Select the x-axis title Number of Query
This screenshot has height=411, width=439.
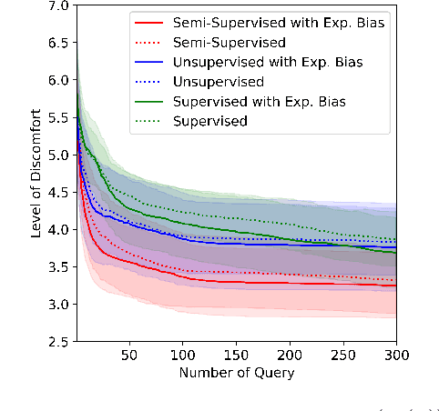237,373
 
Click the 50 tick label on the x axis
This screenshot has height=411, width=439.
128,356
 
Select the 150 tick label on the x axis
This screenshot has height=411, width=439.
236,356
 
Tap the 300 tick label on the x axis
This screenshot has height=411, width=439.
395,356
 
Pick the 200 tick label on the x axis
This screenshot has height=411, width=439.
289,356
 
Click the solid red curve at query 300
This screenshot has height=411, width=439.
395,286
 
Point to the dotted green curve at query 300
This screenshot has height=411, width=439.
395,239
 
